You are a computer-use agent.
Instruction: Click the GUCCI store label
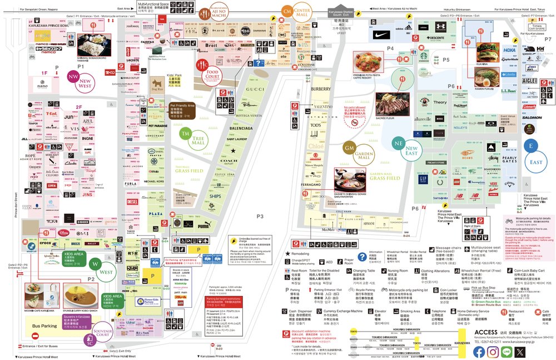coord(254,90)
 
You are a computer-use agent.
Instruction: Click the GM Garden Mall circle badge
coord(349,149)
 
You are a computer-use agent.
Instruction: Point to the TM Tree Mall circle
coord(185,134)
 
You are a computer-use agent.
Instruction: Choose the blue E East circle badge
coord(532,146)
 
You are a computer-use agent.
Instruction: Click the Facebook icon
coord(479,352)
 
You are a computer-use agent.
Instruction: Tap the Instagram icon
coord(492,352)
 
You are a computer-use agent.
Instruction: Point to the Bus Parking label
coord(44,326)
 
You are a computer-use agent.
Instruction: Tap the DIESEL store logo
coord(132,201)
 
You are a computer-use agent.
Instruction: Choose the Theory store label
coord(440,102)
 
